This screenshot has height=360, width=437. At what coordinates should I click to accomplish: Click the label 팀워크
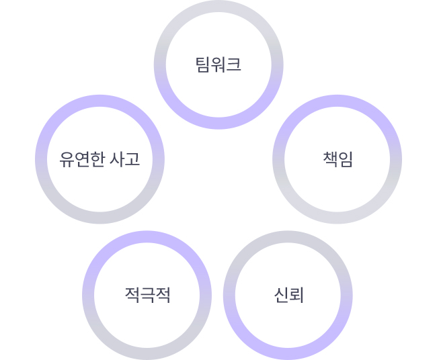[218, 65]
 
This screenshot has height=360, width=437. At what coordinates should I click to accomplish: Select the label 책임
[337, 160]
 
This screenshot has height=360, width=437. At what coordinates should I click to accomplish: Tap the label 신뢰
[288, 295]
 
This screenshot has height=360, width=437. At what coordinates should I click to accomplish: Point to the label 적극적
[147, 295]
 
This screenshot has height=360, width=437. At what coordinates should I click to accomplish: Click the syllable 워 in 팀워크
[218, 65]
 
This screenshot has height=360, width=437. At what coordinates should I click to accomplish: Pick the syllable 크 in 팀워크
[233, 65]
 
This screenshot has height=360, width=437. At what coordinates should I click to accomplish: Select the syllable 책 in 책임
[330, 160]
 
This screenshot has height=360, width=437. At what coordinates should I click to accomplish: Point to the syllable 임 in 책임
[346, 160]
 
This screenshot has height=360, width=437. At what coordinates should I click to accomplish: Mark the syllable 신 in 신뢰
[281, 295]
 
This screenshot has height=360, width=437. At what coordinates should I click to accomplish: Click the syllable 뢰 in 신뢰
[296, 295]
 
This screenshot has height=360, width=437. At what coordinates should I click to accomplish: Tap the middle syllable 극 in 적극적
[147, 295]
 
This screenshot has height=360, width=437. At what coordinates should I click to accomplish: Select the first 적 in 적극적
[132, 295]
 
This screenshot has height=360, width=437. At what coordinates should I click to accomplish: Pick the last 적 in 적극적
[163, 295]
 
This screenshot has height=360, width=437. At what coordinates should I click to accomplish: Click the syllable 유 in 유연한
[66, 160]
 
